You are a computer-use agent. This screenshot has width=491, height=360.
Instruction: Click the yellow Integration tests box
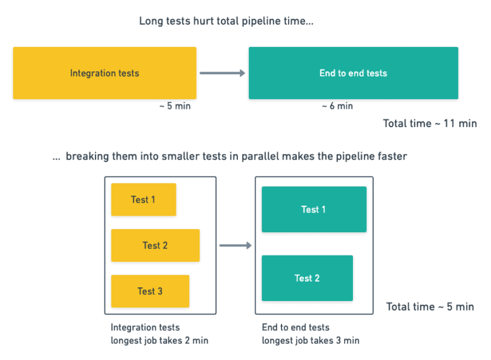pos(104,73)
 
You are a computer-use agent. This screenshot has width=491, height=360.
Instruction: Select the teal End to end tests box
pos(353,73)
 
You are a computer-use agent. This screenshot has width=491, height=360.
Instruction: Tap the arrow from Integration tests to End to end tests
pos(222,73)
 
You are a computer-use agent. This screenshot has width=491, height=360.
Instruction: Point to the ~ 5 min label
pos(175,106)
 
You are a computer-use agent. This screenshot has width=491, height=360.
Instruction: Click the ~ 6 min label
pos(337,106)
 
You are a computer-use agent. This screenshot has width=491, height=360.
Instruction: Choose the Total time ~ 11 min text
pos(430,123)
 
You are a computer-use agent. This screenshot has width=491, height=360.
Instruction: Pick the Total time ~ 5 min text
pos(430,307)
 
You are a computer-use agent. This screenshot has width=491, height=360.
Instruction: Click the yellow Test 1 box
pos(143,200)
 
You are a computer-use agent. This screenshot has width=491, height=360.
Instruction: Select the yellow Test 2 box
pos(155,245)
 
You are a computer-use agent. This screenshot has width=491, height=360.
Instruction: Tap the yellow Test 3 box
pos(150,291)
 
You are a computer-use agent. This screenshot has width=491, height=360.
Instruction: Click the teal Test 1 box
pos(313,209)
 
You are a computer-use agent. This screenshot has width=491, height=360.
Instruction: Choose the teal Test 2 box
pos(307,278)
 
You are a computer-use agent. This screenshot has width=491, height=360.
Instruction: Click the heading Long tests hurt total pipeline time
pos(226,22)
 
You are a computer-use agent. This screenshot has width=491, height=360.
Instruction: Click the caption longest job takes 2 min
pos(159,341)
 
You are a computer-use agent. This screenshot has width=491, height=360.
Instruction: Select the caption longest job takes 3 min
pos(310,341)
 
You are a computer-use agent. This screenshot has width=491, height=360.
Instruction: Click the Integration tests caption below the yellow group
pos(145,328)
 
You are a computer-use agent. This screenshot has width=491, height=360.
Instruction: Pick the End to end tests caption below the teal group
pos(295,328)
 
